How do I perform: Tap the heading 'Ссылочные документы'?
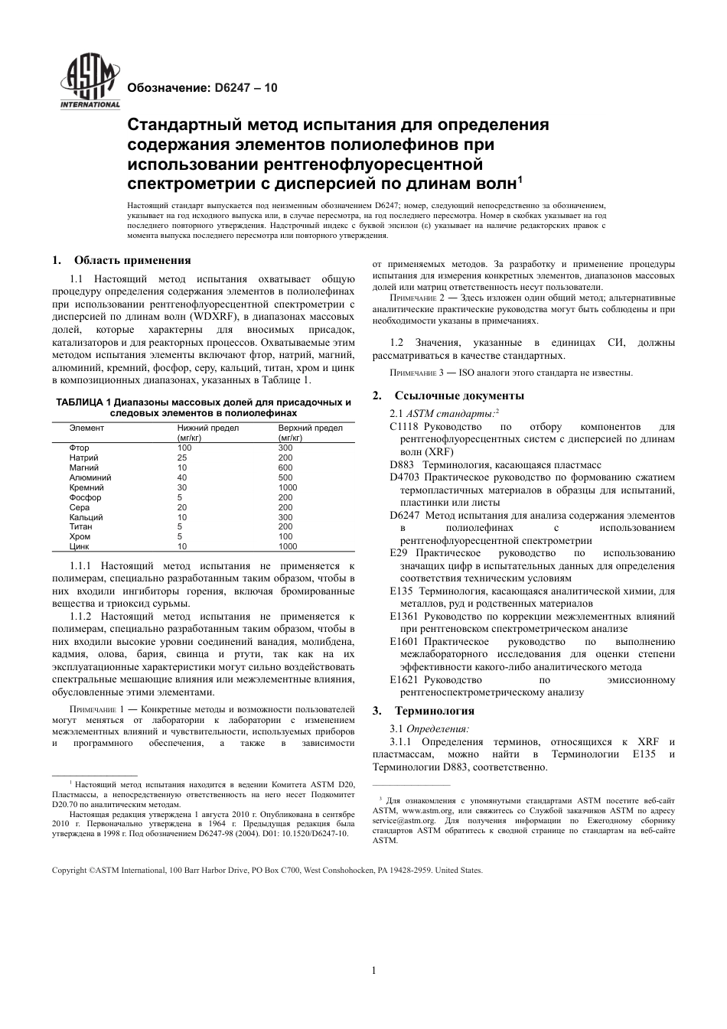tap(459, 396)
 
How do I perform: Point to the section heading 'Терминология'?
tap(434, 711)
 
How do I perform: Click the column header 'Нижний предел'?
tap(208, 428)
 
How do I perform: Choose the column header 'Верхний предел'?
tap(310, 428)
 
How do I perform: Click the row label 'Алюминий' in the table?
tap(90, 477)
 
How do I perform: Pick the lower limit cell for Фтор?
tap(184, 448)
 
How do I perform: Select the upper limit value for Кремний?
tap(288, 487)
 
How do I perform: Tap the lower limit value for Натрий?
tap(182, 458)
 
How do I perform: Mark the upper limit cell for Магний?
tap(285, 467)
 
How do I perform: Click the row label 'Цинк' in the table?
tap(80, 547)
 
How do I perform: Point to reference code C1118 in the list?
tap(404, 427)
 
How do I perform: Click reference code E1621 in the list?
tap(404, 679)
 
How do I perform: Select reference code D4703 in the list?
tap(405, 477)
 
